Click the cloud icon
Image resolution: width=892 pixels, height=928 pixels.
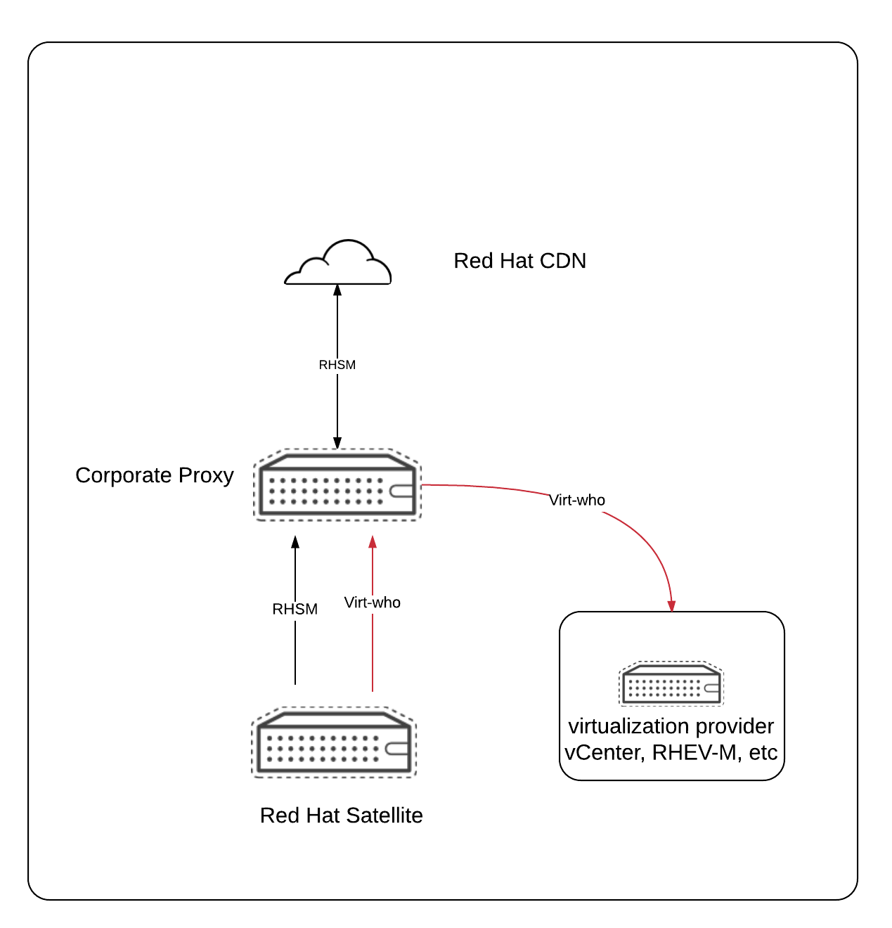click(x=337, y=264)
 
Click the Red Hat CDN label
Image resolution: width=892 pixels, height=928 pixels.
click(x=519, y=261)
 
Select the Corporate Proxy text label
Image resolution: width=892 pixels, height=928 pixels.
click(x=155, y=475)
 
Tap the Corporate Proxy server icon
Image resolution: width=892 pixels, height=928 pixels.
click(x=337, y=485)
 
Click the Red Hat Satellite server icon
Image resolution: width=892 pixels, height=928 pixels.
click(x=335, y=743)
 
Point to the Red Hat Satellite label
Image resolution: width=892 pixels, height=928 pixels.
click(x=341, y=816)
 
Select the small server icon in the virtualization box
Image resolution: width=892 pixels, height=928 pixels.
click(x=671, y=683)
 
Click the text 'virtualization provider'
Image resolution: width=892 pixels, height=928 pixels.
click(x=671, y=726)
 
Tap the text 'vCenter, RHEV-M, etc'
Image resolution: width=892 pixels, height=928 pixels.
click(x=671, y=753)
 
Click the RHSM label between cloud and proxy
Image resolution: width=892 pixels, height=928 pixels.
click(x=337, y=365)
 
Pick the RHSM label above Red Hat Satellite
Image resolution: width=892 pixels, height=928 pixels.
click(x=295, y=609)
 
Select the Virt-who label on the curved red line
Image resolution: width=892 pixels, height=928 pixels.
click(x=577, y=500)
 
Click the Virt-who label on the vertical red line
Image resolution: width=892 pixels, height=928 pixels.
click(x=373, y=602)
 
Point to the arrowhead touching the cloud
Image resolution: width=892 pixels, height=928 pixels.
click(x=337, y=289)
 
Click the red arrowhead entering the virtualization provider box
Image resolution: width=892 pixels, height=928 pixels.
click(x=672, y=606)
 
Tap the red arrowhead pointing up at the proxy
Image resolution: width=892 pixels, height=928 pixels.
click(x=373, y=542)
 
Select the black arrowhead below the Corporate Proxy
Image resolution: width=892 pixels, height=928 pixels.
click(x=295, y=542)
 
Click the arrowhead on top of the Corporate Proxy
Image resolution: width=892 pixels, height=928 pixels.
click(x=337, y=443)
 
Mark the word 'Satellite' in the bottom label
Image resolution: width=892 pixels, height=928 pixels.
click(x=384, y=816)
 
